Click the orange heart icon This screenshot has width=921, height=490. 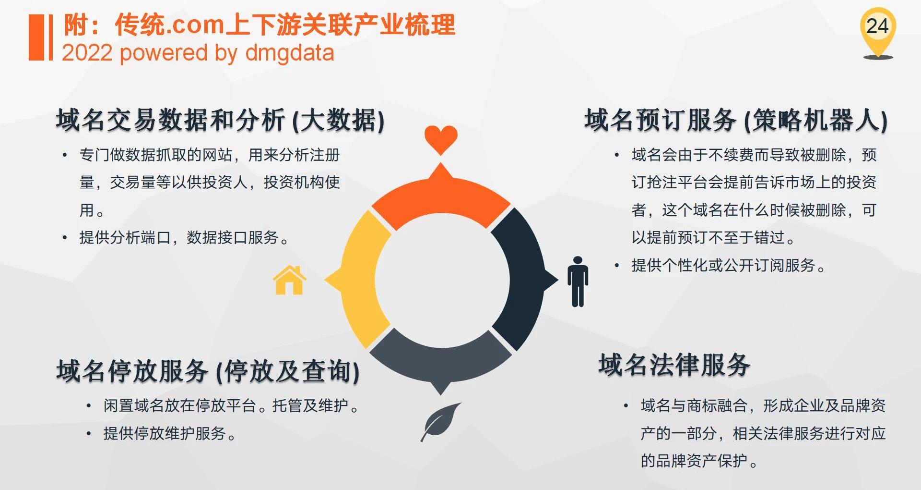tap(441, 140)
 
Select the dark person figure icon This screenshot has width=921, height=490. tap(578, 282)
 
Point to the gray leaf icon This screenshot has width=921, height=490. tap(440, 422)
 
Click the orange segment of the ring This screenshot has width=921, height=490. tap(440, 202)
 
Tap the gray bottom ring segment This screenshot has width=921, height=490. tap(440, 358)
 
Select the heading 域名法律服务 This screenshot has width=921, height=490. tap(674, 365)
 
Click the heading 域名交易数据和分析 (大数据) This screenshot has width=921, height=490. tap(220, 120)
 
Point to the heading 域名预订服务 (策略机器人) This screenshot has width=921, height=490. tap(735, 120)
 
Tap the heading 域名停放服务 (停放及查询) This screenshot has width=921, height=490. tap(208, 371)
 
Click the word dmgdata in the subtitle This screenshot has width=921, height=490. tap(289, 53)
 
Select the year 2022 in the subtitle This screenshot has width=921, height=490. tap(87, 53)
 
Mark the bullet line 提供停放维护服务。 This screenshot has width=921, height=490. tap(170, 433)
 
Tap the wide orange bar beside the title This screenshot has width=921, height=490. tap(36, 37)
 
